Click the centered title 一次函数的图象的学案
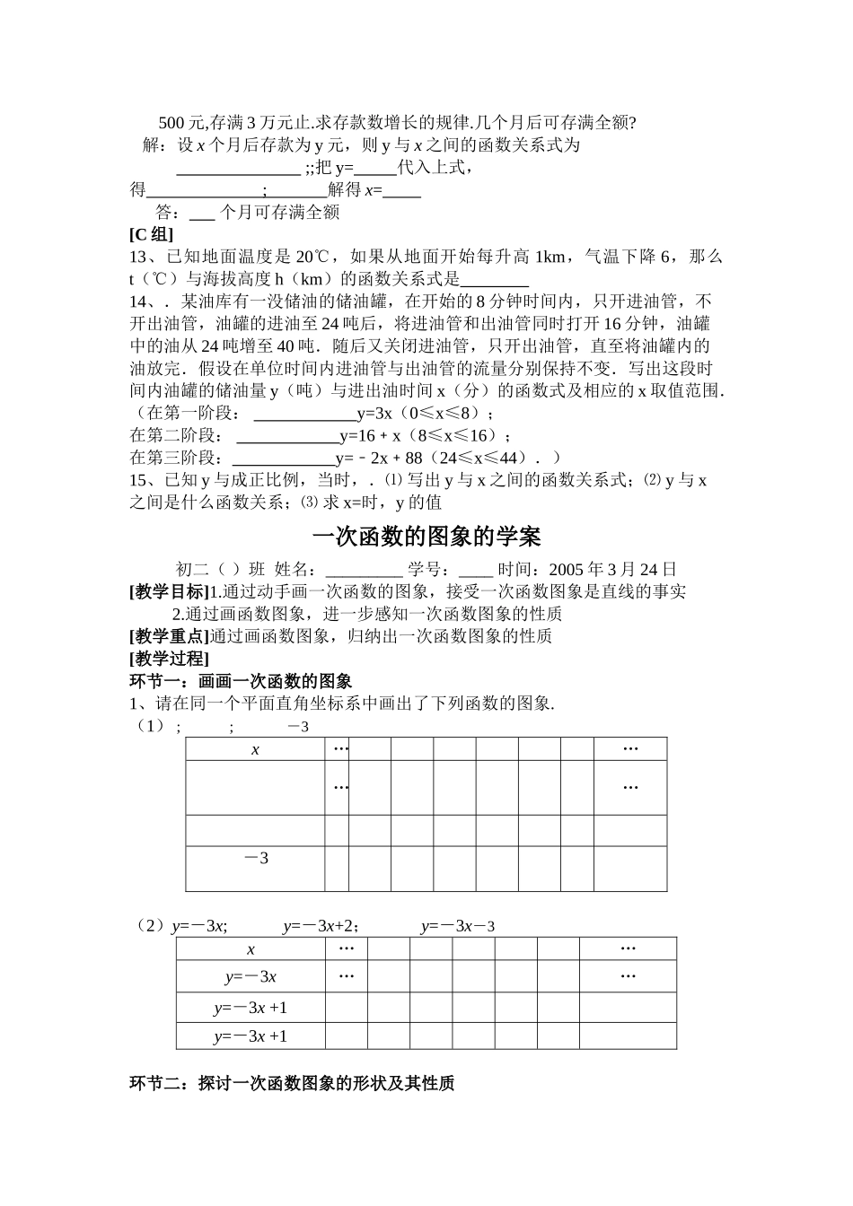coord(426,537)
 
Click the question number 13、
coord(143,258)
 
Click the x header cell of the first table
coord(255,749)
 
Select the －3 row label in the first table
coord(255,859)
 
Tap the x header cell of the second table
coord(251,949)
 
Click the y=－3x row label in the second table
coord(251,977)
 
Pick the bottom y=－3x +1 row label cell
coord(251,1036)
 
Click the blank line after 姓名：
coord(364,569)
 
